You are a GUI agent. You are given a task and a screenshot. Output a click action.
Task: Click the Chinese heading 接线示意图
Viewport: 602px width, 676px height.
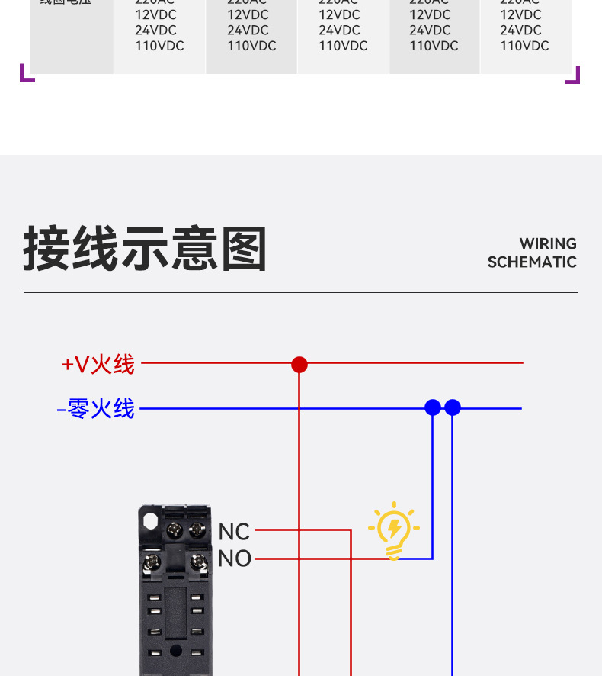pyautogui.click(x=145, y=249)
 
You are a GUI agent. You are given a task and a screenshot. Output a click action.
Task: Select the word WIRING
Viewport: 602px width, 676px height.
pyautogui.click(x=548, y=244)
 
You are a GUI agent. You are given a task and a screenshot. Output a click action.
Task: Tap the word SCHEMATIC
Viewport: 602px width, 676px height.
pyautogui.click(x=532, y=262)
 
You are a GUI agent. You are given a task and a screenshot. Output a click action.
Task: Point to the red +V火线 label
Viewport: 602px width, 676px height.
pyautogui.click(x=98, y=365)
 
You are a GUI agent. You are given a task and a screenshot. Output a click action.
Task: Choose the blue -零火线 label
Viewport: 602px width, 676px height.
pyautogui.click(x=96, y=409)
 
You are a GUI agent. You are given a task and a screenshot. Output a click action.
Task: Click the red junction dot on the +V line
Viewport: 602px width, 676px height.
pyautogui.click(x=299, y=365)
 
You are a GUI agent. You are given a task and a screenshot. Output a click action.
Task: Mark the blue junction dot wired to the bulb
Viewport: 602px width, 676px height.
pyautogui.click(x=433, y=407)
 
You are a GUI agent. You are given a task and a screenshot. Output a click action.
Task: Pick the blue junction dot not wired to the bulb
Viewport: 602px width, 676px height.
pyautogui.click(x=453, y=407)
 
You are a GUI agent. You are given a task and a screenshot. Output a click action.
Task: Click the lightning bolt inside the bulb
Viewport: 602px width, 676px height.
pyautogui.click(x=394, y=526)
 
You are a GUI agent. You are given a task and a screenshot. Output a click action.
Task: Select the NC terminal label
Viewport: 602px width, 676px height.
pyautogui.click(x=234, y=532)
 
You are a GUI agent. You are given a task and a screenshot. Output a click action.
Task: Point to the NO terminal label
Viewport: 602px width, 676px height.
pyautogui.click(x=235, y=559)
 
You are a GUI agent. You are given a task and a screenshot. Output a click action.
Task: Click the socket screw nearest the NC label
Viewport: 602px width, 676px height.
pyautogui.click(x=196, y=529)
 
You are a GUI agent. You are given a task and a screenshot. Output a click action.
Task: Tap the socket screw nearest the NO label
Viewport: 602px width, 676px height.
pyautogui.click(x=198, y=564)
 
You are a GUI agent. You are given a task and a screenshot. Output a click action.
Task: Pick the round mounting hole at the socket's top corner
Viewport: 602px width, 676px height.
pyautogui.click(x=150, y=521)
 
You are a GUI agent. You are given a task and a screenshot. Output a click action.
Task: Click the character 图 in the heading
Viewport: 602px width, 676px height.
pyautogui.click(x=244, y=249)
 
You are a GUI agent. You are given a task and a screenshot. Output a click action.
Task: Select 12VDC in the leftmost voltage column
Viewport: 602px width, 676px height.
pyautogui.click(x=155, y=14)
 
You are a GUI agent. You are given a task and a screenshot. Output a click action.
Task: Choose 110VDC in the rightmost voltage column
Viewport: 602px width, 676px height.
pyautogui.click(x=524, y=46)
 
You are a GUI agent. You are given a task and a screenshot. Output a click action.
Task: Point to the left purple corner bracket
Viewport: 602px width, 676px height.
pyautogui.click(x=27, y=74)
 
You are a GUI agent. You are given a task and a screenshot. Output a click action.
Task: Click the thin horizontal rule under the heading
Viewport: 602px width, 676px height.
pyautogui.click(x=301, y=292)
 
